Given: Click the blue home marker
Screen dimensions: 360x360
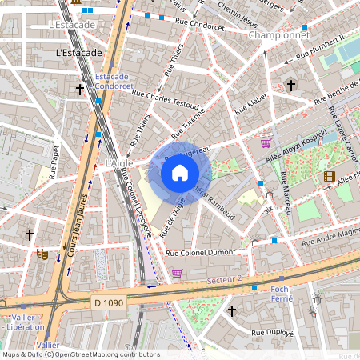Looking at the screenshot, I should [180, 173].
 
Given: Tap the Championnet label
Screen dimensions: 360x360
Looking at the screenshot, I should [278, 35].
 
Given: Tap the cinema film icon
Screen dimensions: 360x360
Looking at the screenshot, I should [330, 176].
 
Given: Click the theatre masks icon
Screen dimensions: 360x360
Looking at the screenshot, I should [42, 254].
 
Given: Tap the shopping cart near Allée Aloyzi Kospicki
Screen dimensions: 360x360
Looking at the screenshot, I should [266, 143].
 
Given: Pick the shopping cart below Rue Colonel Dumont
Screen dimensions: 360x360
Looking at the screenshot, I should [177, 274].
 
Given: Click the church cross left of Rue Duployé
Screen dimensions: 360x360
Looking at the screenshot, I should [232, 310].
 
